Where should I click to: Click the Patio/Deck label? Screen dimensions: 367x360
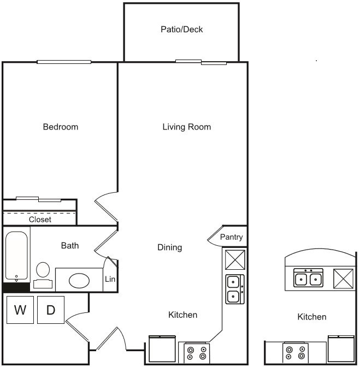coord(181,29)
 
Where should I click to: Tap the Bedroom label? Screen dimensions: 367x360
coord(61,127)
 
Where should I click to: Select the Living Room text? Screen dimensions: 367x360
coord(186,127)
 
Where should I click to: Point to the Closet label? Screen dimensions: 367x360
coord(40,219)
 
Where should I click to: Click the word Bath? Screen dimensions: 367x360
coord(70,246)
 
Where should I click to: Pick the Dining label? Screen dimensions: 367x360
coord(169,247)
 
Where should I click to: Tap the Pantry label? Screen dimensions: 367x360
coord(231,237)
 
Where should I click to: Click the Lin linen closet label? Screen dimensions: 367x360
coord(110,279)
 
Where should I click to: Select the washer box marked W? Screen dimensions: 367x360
coord(20,310)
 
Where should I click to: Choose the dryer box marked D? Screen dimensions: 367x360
coord(51,310)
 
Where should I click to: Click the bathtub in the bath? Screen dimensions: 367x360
coord(16,256)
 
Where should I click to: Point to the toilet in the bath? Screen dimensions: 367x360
coord(43,274)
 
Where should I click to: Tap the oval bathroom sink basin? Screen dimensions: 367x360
coord(80,281)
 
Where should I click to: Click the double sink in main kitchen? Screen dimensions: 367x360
coord(235,289)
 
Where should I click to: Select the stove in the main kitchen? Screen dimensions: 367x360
coord(197,353)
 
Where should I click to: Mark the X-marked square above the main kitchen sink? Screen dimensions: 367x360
coord(235,259)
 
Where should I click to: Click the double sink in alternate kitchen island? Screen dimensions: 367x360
coord(308,279)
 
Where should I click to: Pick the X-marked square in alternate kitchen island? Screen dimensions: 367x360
coord(344,279)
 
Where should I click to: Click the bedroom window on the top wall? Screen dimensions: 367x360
coord(64,62)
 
